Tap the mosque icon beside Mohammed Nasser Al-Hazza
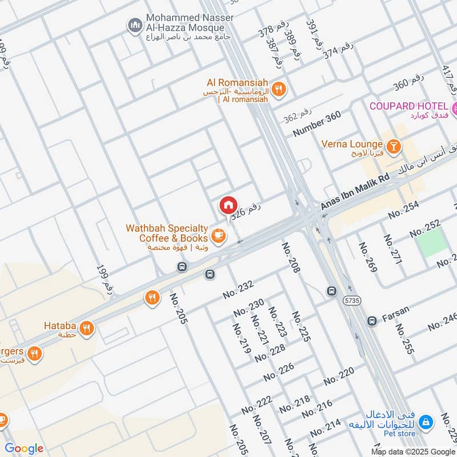[x=135, y=25]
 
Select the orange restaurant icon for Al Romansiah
[x=278, y=88]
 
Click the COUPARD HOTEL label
[x=408, y=106]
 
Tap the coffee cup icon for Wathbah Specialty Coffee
[x=217, y=235]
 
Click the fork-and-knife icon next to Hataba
[x=87, y=328]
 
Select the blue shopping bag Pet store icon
[x=424, y=423]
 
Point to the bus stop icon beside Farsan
[x=372, y=321]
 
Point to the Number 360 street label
[x=317, y=123]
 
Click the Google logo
[x=24, y=448]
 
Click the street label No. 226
[x=278, y=372]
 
